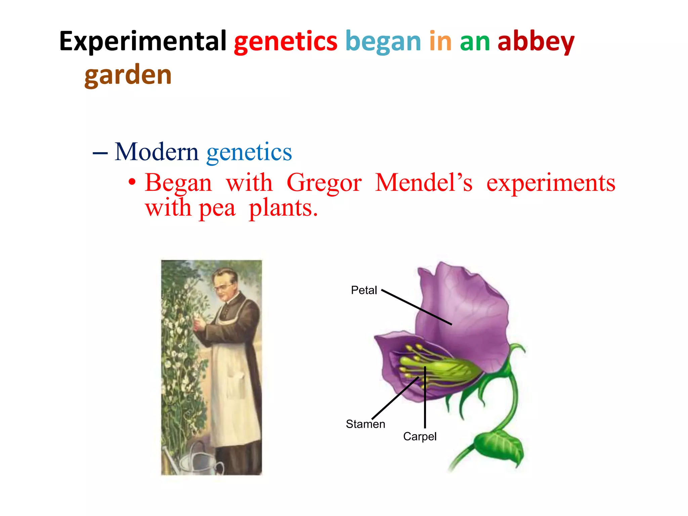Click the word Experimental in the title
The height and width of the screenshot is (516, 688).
(143, 42)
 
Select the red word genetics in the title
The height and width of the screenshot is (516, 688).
(286, 42)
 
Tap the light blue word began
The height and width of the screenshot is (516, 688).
(383, 42)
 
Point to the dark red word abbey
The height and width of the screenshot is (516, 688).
(536, 42)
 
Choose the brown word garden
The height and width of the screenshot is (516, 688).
(128, 75)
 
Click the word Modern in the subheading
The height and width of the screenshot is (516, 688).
(157, 152)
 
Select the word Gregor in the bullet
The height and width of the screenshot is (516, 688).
(324, 183)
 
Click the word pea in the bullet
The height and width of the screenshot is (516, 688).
(217, 208)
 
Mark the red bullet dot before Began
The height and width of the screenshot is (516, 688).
(132, 182)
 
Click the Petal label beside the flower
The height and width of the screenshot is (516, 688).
(364, 290)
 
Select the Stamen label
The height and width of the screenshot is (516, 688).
(365, 424)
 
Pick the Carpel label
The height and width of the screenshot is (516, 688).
(420, 436)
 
